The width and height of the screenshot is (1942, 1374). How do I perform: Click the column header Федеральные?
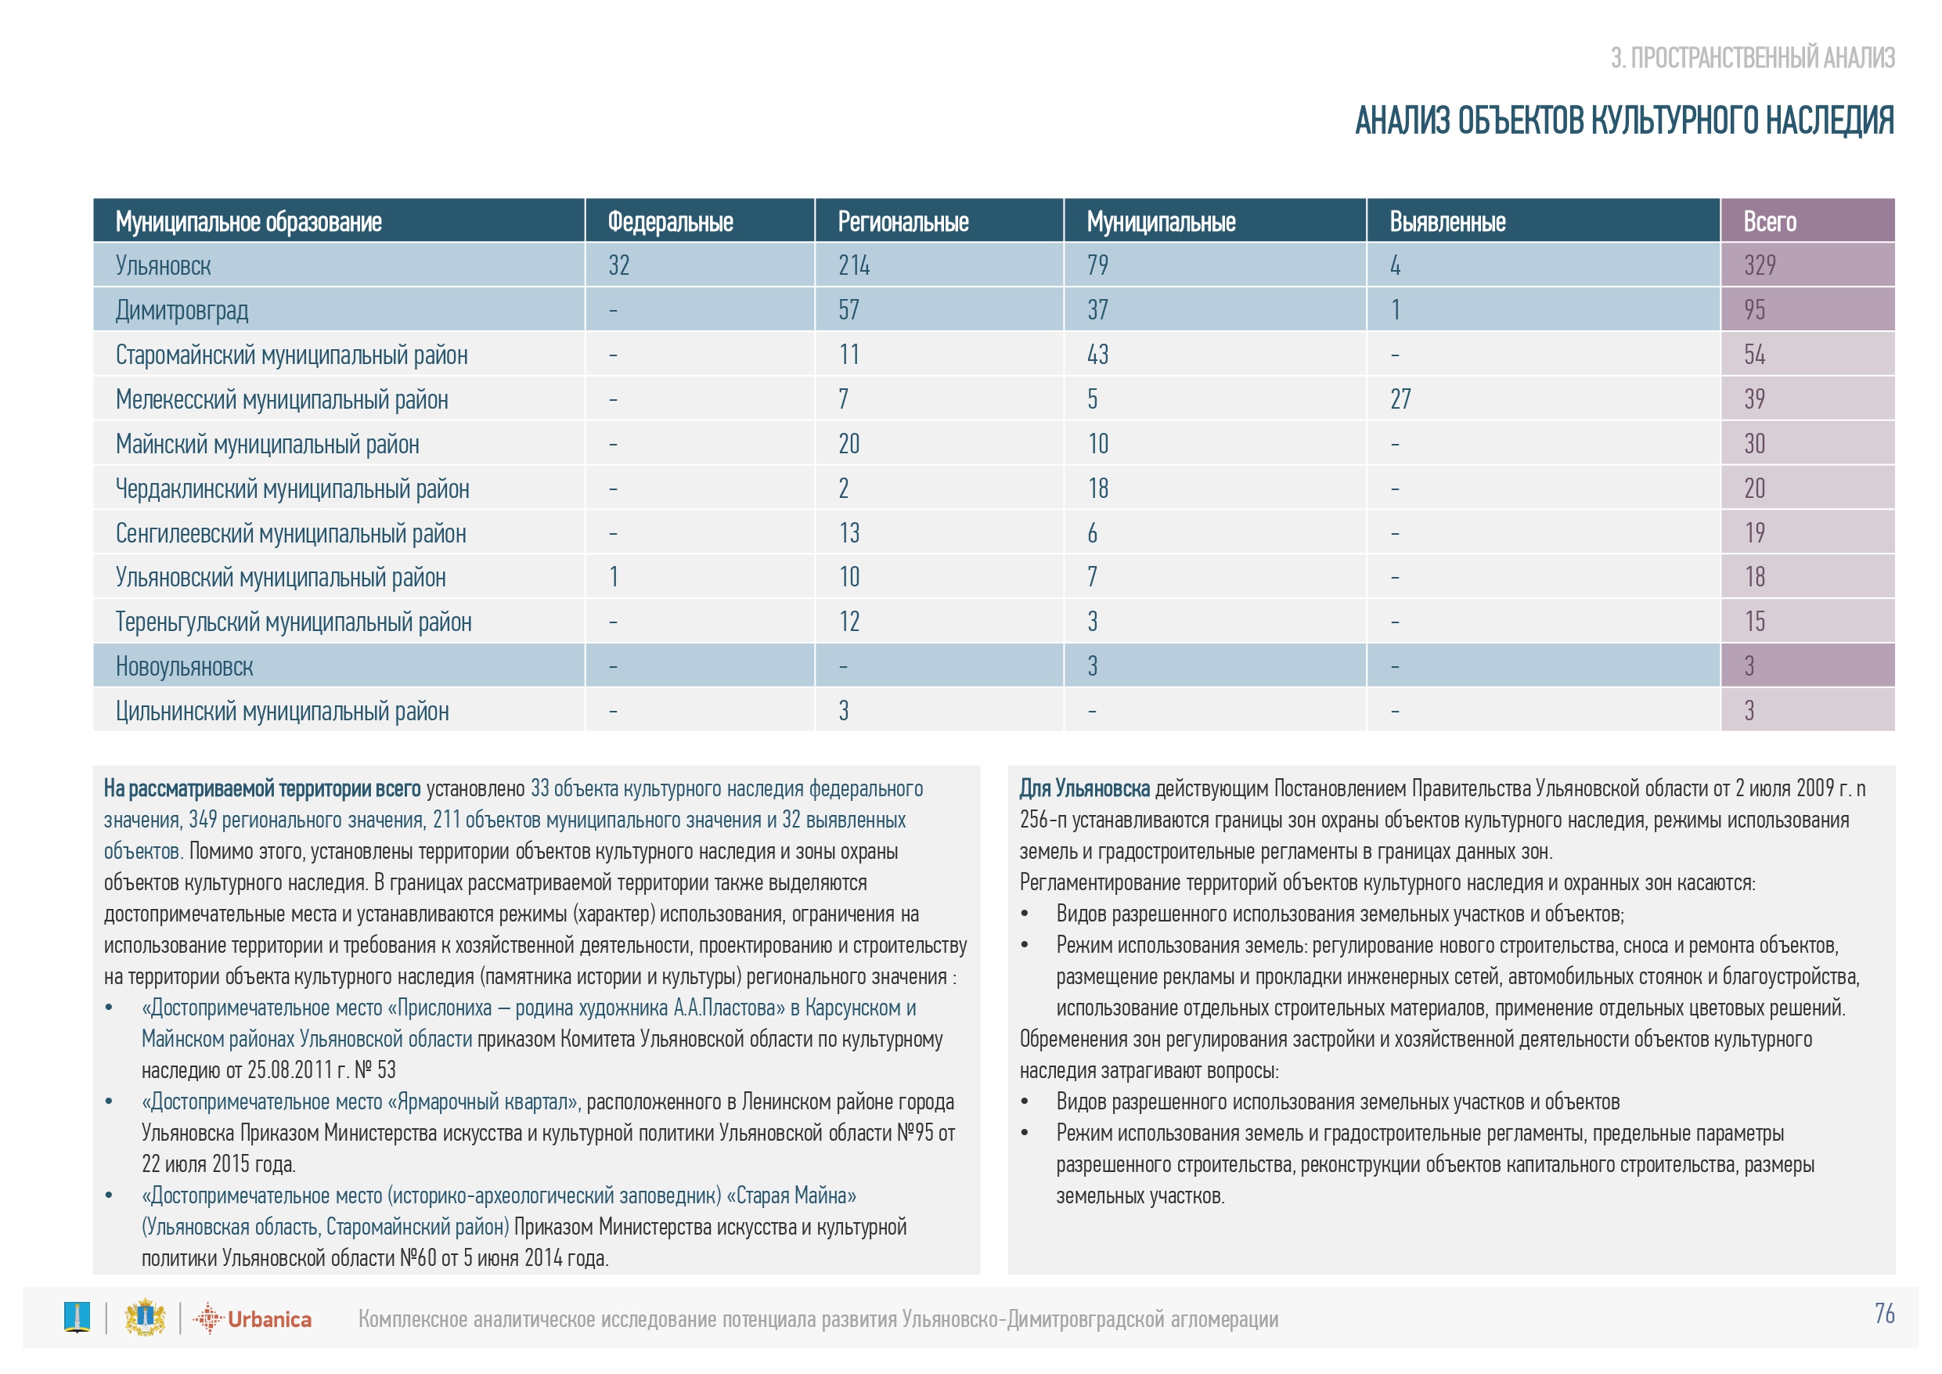click(x=670, y=222)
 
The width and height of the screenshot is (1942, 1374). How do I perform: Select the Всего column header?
click(x=1770, y=222)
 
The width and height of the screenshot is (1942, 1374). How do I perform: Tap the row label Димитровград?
click(x=182, y=310)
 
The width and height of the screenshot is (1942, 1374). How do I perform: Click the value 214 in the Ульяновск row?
click(x=853, y=265)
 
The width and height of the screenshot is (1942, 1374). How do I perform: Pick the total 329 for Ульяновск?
click(x=1760, y=265)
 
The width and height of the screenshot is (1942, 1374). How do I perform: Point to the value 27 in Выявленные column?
click(x=1400, y=399)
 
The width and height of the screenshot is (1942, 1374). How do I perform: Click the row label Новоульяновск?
click(x=185, y=667)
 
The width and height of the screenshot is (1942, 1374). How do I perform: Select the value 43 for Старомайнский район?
click(x=1097, y=355)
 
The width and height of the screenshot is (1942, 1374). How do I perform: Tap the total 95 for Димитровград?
click(x=1754, y=310)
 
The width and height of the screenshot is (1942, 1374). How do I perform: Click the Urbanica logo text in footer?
click(x=269, y=1319)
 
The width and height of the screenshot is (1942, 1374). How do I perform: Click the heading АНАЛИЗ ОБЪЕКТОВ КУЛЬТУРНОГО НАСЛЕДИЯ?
click(x=1624, y=121)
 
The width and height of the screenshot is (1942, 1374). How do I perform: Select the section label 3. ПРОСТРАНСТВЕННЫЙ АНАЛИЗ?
click(x=1753, y=57)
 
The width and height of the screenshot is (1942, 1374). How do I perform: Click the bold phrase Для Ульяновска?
click(x=1083, y=788)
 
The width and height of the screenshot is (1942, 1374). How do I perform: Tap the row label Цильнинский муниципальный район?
click(x=282, y=712)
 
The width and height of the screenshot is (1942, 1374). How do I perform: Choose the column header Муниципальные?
click(x=1161, y=222)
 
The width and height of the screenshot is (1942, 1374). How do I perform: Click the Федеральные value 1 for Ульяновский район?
click(x=613, y=577)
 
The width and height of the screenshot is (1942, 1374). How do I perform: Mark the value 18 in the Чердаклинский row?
click(x=1097, y=489)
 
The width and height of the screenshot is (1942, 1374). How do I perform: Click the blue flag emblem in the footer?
click(x=77, y=1318)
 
